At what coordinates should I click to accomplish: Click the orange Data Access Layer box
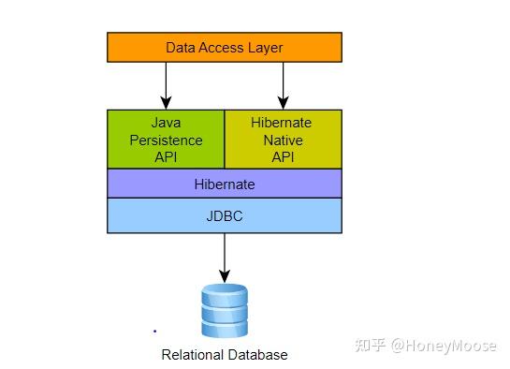(225, 47)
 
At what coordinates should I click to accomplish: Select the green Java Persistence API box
(166, 140)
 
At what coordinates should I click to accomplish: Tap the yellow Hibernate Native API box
(283, 140)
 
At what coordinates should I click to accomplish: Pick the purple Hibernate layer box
(225, 184)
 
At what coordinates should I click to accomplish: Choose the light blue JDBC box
(225, 215)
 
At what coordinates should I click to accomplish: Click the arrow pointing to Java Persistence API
(166, 86)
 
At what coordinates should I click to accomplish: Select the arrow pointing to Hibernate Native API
(283, 86)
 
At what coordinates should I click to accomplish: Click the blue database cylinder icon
(225, 311)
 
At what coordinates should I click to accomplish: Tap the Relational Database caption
(225, 355)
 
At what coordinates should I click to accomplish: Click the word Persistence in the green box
(166, 140)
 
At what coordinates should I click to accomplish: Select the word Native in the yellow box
(283, 140)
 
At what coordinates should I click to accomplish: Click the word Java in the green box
(166, 123)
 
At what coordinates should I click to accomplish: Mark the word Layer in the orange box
(266, 47)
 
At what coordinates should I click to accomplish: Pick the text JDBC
(225, 215)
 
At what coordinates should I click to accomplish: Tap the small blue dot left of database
(154, 331)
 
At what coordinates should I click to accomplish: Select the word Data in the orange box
(182, 47)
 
